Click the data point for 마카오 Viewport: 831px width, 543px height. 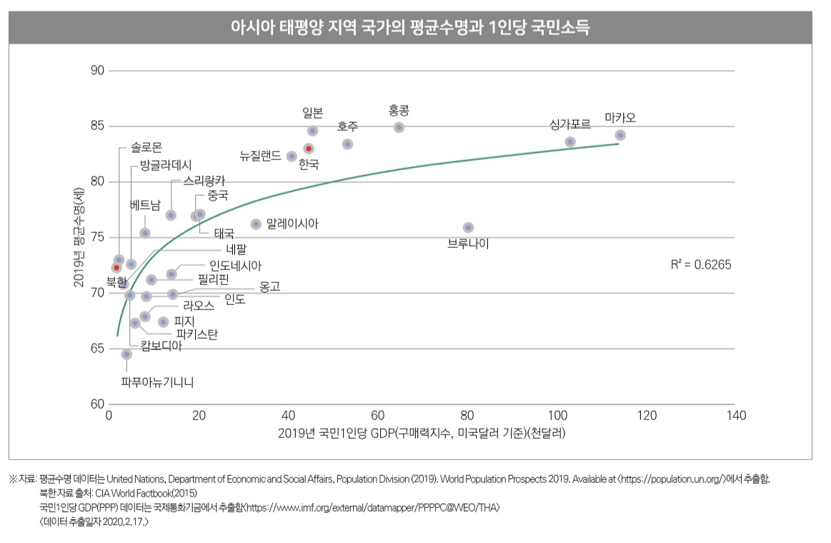pos(620,135)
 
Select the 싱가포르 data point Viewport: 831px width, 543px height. pos(570,142)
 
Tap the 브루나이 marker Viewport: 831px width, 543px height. pos(468,227)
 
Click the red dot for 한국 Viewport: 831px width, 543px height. pos(309,149)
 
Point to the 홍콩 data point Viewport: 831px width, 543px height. pos(399,128)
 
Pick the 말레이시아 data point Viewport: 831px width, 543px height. pos(256,224)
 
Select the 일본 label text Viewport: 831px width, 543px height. pos(313,112)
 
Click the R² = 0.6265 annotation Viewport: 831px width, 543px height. pos(701,264)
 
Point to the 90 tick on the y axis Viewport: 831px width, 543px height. pos(98,71)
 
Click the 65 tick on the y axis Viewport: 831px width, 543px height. pos(98,349)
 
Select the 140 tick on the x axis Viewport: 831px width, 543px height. pos(736,416)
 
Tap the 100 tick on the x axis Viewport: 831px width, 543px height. pos(557,416)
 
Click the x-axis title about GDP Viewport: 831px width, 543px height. pos(422,434)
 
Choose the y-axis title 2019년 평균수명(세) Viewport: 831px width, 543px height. pos(79,236)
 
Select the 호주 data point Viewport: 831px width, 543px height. pos(347,144)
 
